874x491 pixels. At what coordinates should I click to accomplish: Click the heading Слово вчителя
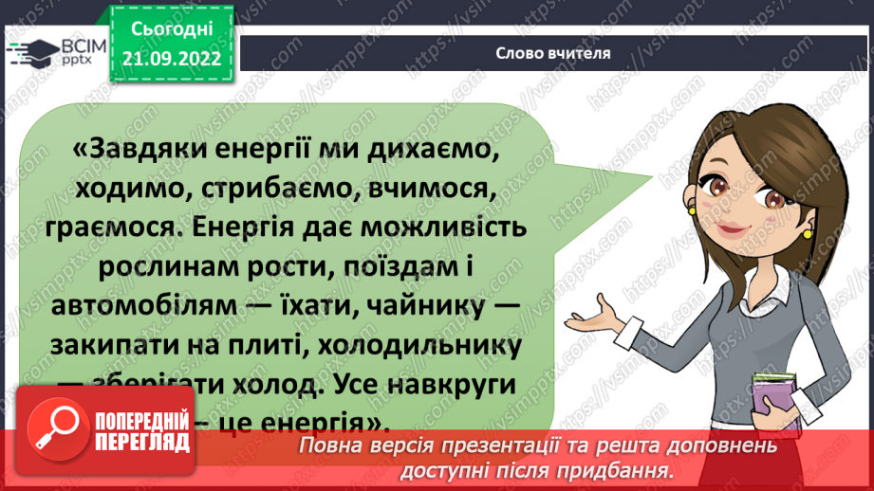[x=551, y=53]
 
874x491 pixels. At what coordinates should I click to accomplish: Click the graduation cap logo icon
[x=28, y=52]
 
